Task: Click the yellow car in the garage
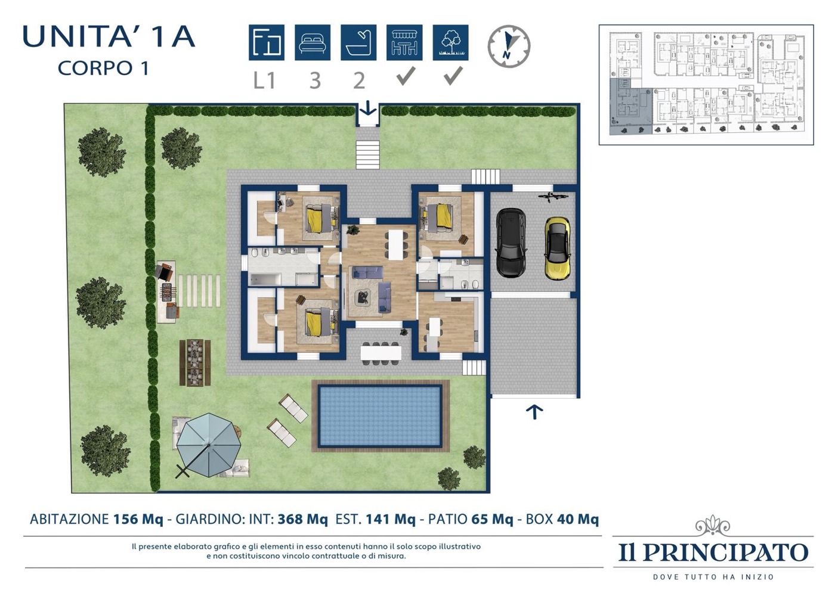(557, 249)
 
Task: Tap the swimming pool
(381, 416)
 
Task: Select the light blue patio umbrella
(209, 445)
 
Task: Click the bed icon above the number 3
(313, 42)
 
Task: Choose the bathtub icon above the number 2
(358, 42)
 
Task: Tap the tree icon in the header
(451, 42)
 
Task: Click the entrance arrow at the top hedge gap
(368, 108)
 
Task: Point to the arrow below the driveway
(534, 412)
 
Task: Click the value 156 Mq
(138, 519)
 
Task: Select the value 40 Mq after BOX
(578, 519)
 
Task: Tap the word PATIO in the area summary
(447, 519)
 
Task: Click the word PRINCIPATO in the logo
(725, 552)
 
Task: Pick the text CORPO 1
(103, 68)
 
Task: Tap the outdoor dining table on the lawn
(195, 362)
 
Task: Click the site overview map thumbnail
(706, 85)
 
